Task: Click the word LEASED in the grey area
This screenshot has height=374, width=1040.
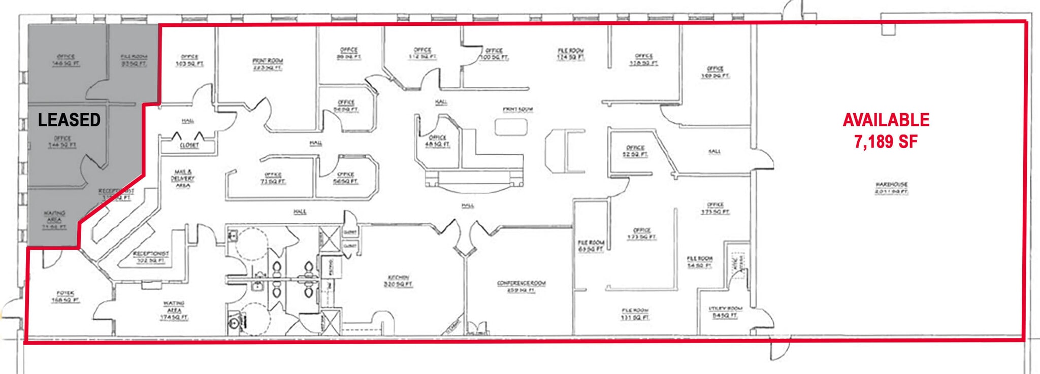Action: coord(69,120)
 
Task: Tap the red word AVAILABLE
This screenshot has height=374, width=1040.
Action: coord(886,120)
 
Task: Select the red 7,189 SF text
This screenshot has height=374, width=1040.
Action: coord(886,142)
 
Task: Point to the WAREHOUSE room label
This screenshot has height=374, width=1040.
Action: coord(891,188)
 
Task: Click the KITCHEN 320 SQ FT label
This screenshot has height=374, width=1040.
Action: coord(399,281)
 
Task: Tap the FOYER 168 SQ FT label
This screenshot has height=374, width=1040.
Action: coord(65,296)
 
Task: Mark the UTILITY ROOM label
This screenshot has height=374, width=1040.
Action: coord(725,312)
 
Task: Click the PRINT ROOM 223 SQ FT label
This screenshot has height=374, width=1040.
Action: coord(268,64)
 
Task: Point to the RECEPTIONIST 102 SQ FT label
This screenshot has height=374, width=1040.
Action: coord(151,257)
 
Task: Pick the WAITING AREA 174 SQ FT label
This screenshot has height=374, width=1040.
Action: coord(174,310)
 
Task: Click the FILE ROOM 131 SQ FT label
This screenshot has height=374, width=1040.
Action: coord(635,314)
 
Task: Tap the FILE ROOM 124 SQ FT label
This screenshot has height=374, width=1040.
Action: coord(571,54)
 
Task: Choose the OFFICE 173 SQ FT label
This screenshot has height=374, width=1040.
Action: coord(642,233)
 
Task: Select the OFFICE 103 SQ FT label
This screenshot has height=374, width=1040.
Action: coord(189,60)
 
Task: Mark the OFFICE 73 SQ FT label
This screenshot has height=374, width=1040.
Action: coord(273,178)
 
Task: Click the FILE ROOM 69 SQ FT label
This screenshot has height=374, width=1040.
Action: coord(591,246)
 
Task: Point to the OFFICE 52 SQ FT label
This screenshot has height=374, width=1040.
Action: coord(635,151)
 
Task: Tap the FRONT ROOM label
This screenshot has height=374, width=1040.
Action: coord(517,109)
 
